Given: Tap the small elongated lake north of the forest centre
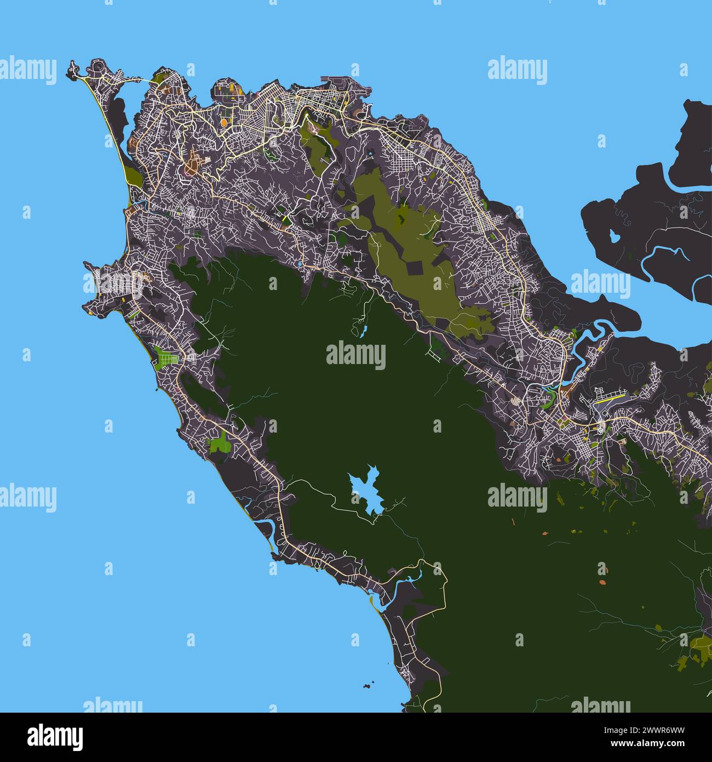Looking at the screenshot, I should click(x=363, y=331).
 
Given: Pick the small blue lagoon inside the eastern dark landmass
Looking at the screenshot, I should click(x=614, y=236).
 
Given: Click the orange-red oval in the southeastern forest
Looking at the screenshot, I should click(x=602, y=582).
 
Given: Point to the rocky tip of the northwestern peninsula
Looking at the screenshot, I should click(x=71, y=71).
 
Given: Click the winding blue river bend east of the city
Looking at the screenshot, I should click(x=594, y=329).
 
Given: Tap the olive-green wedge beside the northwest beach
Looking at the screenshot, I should click(x=133, y=177).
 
